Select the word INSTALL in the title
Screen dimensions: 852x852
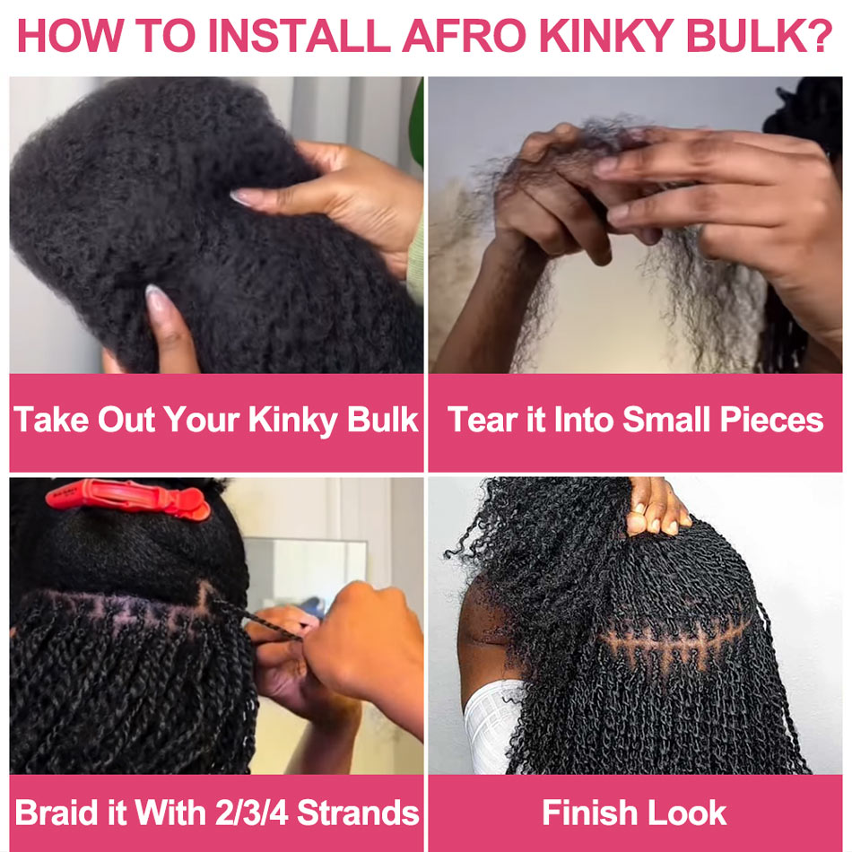(x=300, y=36)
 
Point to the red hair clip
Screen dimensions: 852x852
(x=128, y=499)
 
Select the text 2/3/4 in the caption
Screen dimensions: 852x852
(x=252, y=813)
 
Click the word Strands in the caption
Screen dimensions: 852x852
(x=358, y=813)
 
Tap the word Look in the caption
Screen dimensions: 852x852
(x=687, y=813)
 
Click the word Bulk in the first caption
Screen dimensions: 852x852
(x=383, y=420)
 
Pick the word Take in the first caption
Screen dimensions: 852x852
(x=51, y=420)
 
